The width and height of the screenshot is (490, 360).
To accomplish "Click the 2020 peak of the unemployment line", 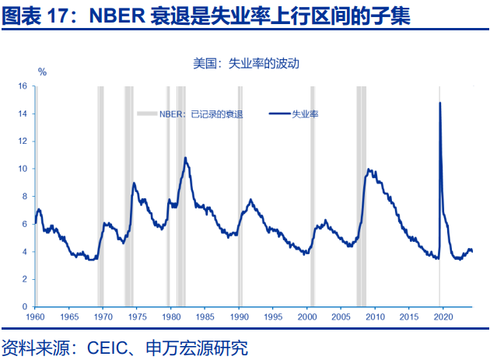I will [440, 103].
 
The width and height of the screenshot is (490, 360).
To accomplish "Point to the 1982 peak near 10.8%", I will [185, 158].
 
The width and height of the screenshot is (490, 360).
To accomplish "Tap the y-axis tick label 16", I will [23, 86].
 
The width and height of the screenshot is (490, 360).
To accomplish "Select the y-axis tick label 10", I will [23, 169].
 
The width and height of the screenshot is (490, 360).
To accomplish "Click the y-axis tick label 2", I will [25, 278].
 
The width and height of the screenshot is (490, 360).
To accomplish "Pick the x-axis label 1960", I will [35, 319].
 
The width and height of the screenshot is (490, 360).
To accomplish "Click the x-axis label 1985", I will [205, 319].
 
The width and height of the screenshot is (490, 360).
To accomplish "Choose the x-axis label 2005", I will [341, 319].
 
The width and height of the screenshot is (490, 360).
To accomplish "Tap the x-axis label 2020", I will [443, 319].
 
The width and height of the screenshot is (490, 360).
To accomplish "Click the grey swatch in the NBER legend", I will [147, 114].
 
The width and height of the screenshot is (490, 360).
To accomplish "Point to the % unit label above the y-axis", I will [43, 72].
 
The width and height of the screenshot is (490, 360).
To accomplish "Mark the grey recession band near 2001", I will [313, 194].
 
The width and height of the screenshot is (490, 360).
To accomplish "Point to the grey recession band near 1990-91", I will [240, 194].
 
